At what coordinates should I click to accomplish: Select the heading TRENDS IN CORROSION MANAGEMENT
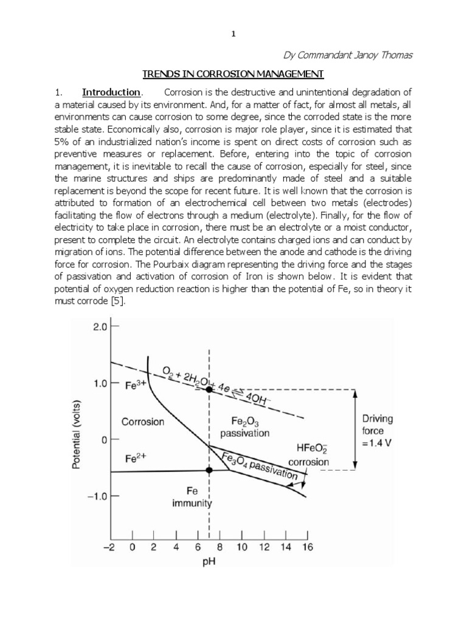[233, 74]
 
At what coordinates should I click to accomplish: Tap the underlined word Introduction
[111, 92]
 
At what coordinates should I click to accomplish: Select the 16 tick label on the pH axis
[307, 547]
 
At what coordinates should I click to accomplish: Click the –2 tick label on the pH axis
[110, 547]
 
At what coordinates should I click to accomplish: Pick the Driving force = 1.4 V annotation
[377, 430]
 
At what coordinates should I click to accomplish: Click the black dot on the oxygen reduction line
[209, 389]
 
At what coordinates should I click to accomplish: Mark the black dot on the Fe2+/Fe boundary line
[209, 470]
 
